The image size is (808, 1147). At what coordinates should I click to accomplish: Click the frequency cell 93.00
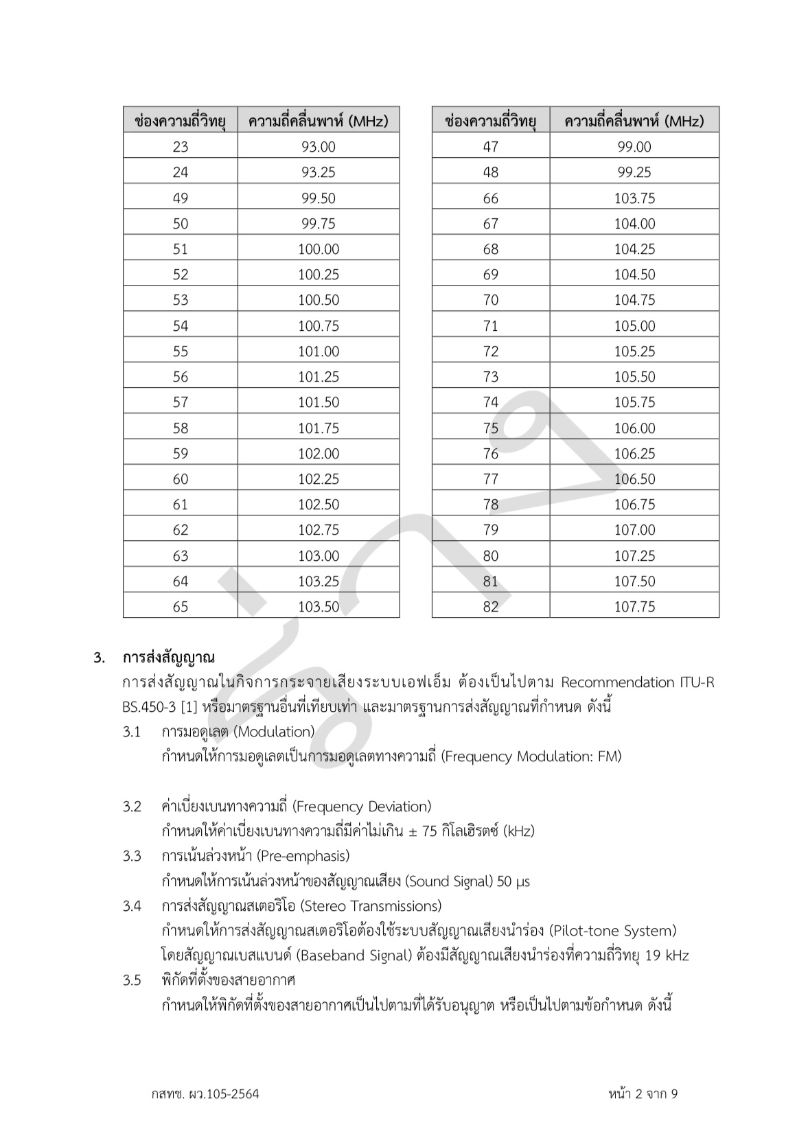click(x=318, y=146)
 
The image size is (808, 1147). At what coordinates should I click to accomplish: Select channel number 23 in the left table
click(x=180, y=146)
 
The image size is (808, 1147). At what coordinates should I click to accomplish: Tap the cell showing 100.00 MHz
click(x=318, y=248)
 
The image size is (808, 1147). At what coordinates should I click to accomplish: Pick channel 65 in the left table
click(x=180, y=606)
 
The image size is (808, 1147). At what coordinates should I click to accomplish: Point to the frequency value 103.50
click(x=318, y=606)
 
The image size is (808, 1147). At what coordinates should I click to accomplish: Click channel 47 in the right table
click(x=490, y=146)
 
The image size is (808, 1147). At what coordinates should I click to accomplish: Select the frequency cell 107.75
click(x=634, y=606)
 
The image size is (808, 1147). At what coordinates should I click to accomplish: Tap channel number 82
click(x=490, y=606)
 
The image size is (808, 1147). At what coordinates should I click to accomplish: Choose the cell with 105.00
click(x=634, y=325)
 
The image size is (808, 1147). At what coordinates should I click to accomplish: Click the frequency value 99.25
click(x=634, y=172)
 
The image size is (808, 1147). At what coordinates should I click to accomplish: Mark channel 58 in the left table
click(x=180, y=428)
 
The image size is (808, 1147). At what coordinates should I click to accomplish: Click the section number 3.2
click(x=132, y=806)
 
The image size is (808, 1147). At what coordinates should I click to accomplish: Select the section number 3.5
click(x=132, y=980)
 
